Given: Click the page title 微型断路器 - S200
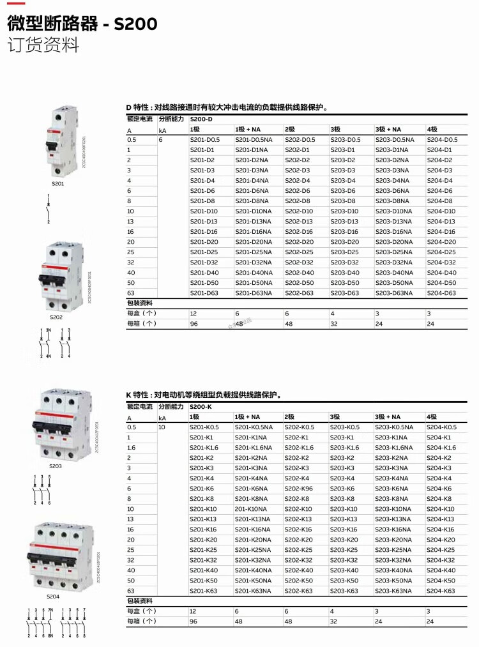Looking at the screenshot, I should tap(82, 24).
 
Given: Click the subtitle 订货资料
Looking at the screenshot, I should tap(43, 46).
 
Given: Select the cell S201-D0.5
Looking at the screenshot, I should tap(204, 139).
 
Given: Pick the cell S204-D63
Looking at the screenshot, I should tap(441, 293).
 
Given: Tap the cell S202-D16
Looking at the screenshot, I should tap(299, 231).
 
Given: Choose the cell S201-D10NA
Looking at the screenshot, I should tap(254, 211).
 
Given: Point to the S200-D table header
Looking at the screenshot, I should tap(202, 119).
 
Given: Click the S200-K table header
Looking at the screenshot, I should tap(201, 407).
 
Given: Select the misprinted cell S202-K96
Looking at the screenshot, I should tap(300, 488).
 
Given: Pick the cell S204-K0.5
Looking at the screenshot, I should tap(442, 427).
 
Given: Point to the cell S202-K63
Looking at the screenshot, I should tap(299, 591).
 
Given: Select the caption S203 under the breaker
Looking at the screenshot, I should tap(56, 466).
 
